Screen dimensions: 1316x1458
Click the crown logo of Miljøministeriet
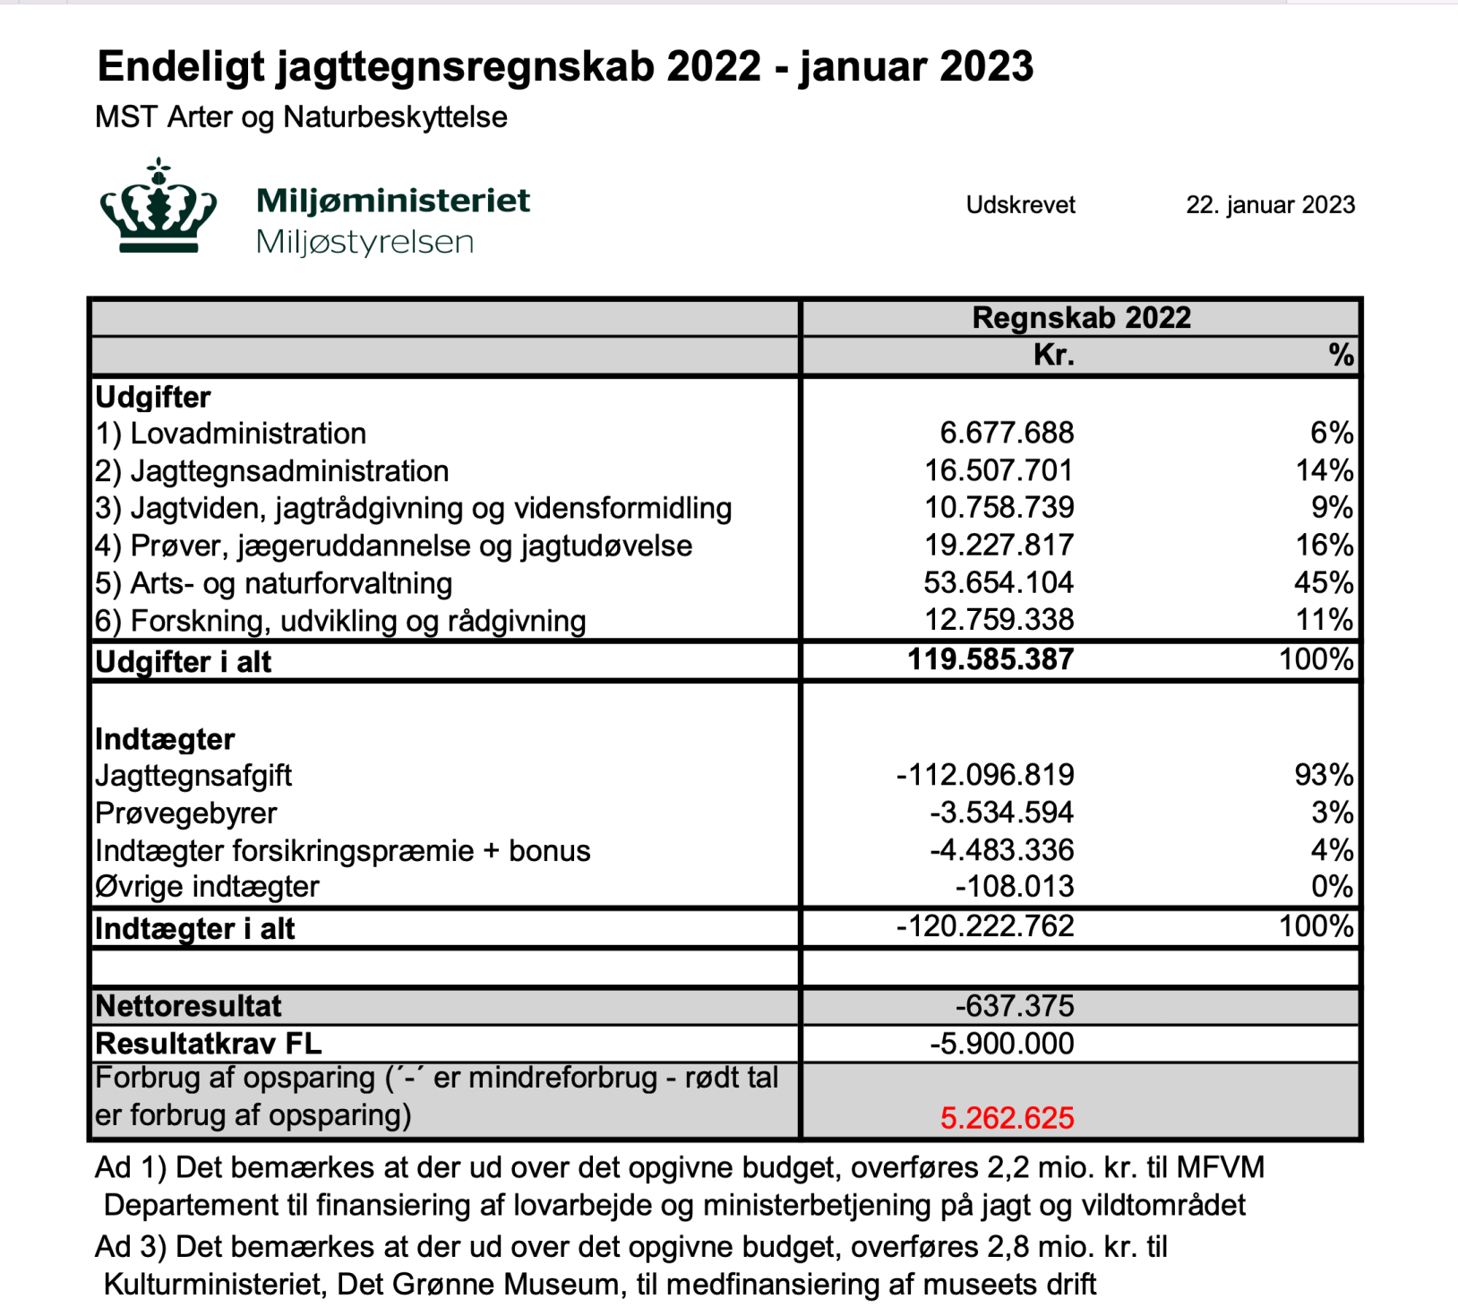click(159, 208)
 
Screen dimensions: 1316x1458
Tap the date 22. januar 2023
click(1269, 205)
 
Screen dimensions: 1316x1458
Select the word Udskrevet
click(1020, 205)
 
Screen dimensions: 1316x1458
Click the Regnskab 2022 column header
click(1081, 318)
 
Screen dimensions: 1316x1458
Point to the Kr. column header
click(1053, 356)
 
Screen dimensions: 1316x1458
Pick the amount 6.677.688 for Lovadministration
click(1007, 434)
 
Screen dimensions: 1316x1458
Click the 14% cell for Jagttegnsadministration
click(1325, 471)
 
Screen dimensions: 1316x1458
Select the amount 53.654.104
click(999, 583)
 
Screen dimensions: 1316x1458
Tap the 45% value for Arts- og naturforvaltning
click(1324, 583)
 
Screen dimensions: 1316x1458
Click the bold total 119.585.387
click(991, 660)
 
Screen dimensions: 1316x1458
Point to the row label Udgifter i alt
click(184, 662)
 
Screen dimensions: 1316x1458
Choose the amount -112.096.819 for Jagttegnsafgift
click(985, 775)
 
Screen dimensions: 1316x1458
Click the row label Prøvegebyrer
click(186, 813)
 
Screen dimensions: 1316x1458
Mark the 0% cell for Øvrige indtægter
click(1332, 887)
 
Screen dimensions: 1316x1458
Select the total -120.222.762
click(985, 926)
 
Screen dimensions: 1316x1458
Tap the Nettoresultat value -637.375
click(1014, 1006)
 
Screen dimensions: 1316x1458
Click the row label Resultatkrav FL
click(208, 1044)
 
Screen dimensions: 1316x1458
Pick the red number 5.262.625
click(1007, 1118)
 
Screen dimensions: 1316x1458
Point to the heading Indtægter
click(165, 739)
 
